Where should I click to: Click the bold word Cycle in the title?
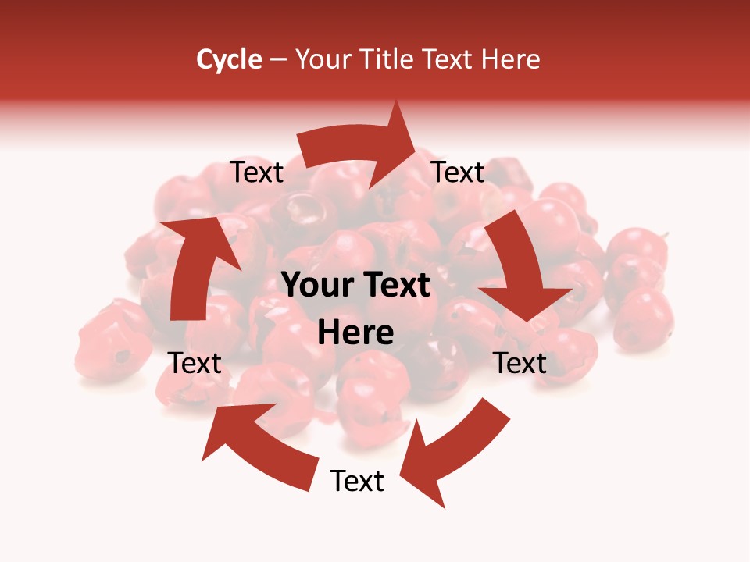coord(229,59)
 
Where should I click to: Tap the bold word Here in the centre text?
coord(355,333)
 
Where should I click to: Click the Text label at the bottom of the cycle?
coord(357,481)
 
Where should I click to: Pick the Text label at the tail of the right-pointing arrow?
coord(256,173)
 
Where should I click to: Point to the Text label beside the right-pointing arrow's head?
coord(458,173)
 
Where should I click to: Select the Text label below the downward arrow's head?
coord(520,363)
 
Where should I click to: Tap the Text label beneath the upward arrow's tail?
coord(195,363)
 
